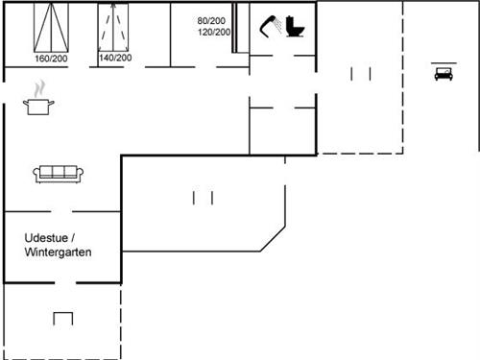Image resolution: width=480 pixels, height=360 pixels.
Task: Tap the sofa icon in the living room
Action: coord(60,174)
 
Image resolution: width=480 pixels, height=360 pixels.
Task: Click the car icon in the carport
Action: coord(444,73)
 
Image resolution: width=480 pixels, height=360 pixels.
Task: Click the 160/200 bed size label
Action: coord(52,59)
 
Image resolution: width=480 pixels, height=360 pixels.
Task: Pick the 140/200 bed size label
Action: coord(115,59)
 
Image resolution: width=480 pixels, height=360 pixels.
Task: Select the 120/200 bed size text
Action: coord(214,33)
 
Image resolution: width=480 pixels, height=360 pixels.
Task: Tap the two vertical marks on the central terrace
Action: coord(203,198)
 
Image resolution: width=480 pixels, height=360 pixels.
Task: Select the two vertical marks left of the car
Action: coord(361,74)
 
